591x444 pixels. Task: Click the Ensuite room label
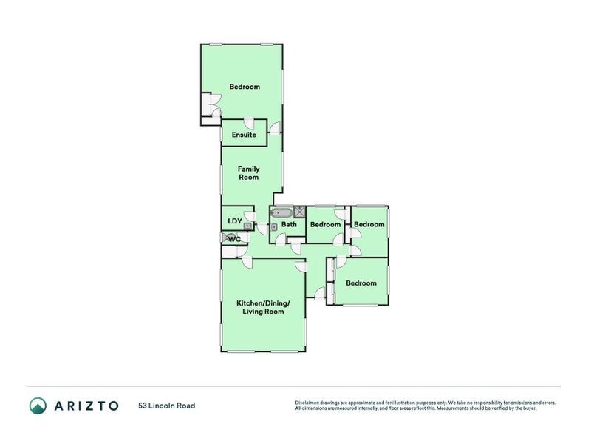[x=244, y=135]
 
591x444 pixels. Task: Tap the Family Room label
[x=249, y=173]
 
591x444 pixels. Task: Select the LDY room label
[x=235, y=221]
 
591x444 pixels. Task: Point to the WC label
[x=234, y=239]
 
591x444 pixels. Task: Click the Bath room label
[x=289, y=224]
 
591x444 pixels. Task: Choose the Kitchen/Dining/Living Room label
[x=263, y=307]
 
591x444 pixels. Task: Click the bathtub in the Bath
[x=281, y=212]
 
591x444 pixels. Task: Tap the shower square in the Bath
[x=300, y=212]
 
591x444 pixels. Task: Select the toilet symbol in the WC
[x=228, y=238]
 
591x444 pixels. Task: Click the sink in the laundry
[x=247, y=226]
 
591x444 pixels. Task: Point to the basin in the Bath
[x=274, y=227]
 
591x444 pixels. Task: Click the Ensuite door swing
[x=249, y=124]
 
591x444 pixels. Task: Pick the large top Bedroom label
[x=245, y=87]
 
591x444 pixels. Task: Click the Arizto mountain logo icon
[x=38, y=406]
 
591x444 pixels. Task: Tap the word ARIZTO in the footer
[x=86, y=406]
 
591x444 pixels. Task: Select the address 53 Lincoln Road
[x=167, y=406]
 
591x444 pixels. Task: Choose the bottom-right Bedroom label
[x=361, y=283]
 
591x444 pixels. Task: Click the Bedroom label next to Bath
[x=325, y=225]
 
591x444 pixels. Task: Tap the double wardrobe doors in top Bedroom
[x=215, y=106]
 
